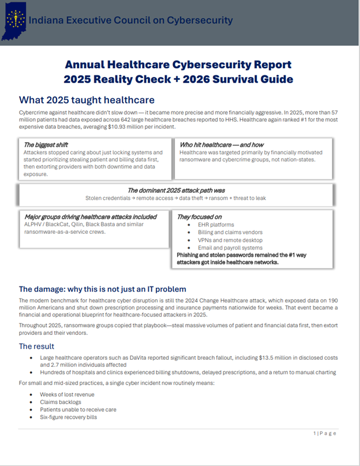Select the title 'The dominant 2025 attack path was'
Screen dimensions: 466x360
(175, 190)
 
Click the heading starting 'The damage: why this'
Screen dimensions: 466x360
(102, 289)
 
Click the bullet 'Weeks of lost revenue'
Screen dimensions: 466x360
(67, 394)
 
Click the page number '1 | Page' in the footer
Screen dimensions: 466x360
(325, 433)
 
